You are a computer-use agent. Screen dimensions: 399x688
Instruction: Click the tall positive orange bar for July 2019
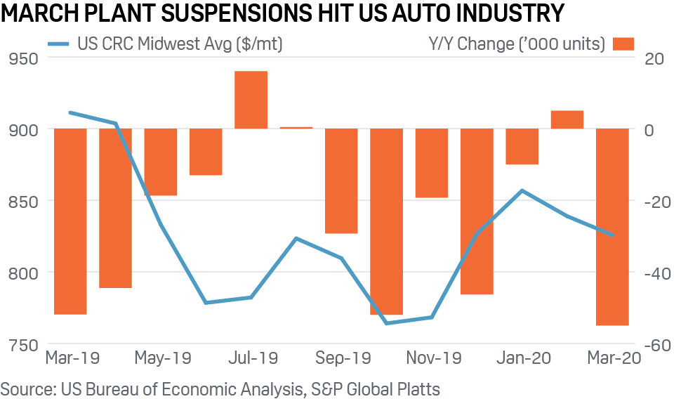tap(251, 100)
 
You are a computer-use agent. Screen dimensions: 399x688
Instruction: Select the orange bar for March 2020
tap(612, 226)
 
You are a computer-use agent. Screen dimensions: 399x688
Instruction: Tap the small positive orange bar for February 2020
tap(567, 119)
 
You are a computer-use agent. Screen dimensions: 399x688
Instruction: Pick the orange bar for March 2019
tap(70, 221)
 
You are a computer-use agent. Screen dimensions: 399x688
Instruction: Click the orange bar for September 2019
tap(341, 181)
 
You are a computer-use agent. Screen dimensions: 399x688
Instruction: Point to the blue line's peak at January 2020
tap(522, 190)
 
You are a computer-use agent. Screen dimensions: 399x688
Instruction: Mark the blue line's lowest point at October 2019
tap(387, 323)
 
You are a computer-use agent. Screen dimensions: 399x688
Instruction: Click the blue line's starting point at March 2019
tap(70, 112)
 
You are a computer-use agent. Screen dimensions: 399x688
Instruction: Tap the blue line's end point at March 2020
tap(612, 235)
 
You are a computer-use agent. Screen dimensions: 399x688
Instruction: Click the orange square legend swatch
tap(623, 44)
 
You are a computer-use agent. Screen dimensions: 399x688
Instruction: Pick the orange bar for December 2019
tap(477, 211)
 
